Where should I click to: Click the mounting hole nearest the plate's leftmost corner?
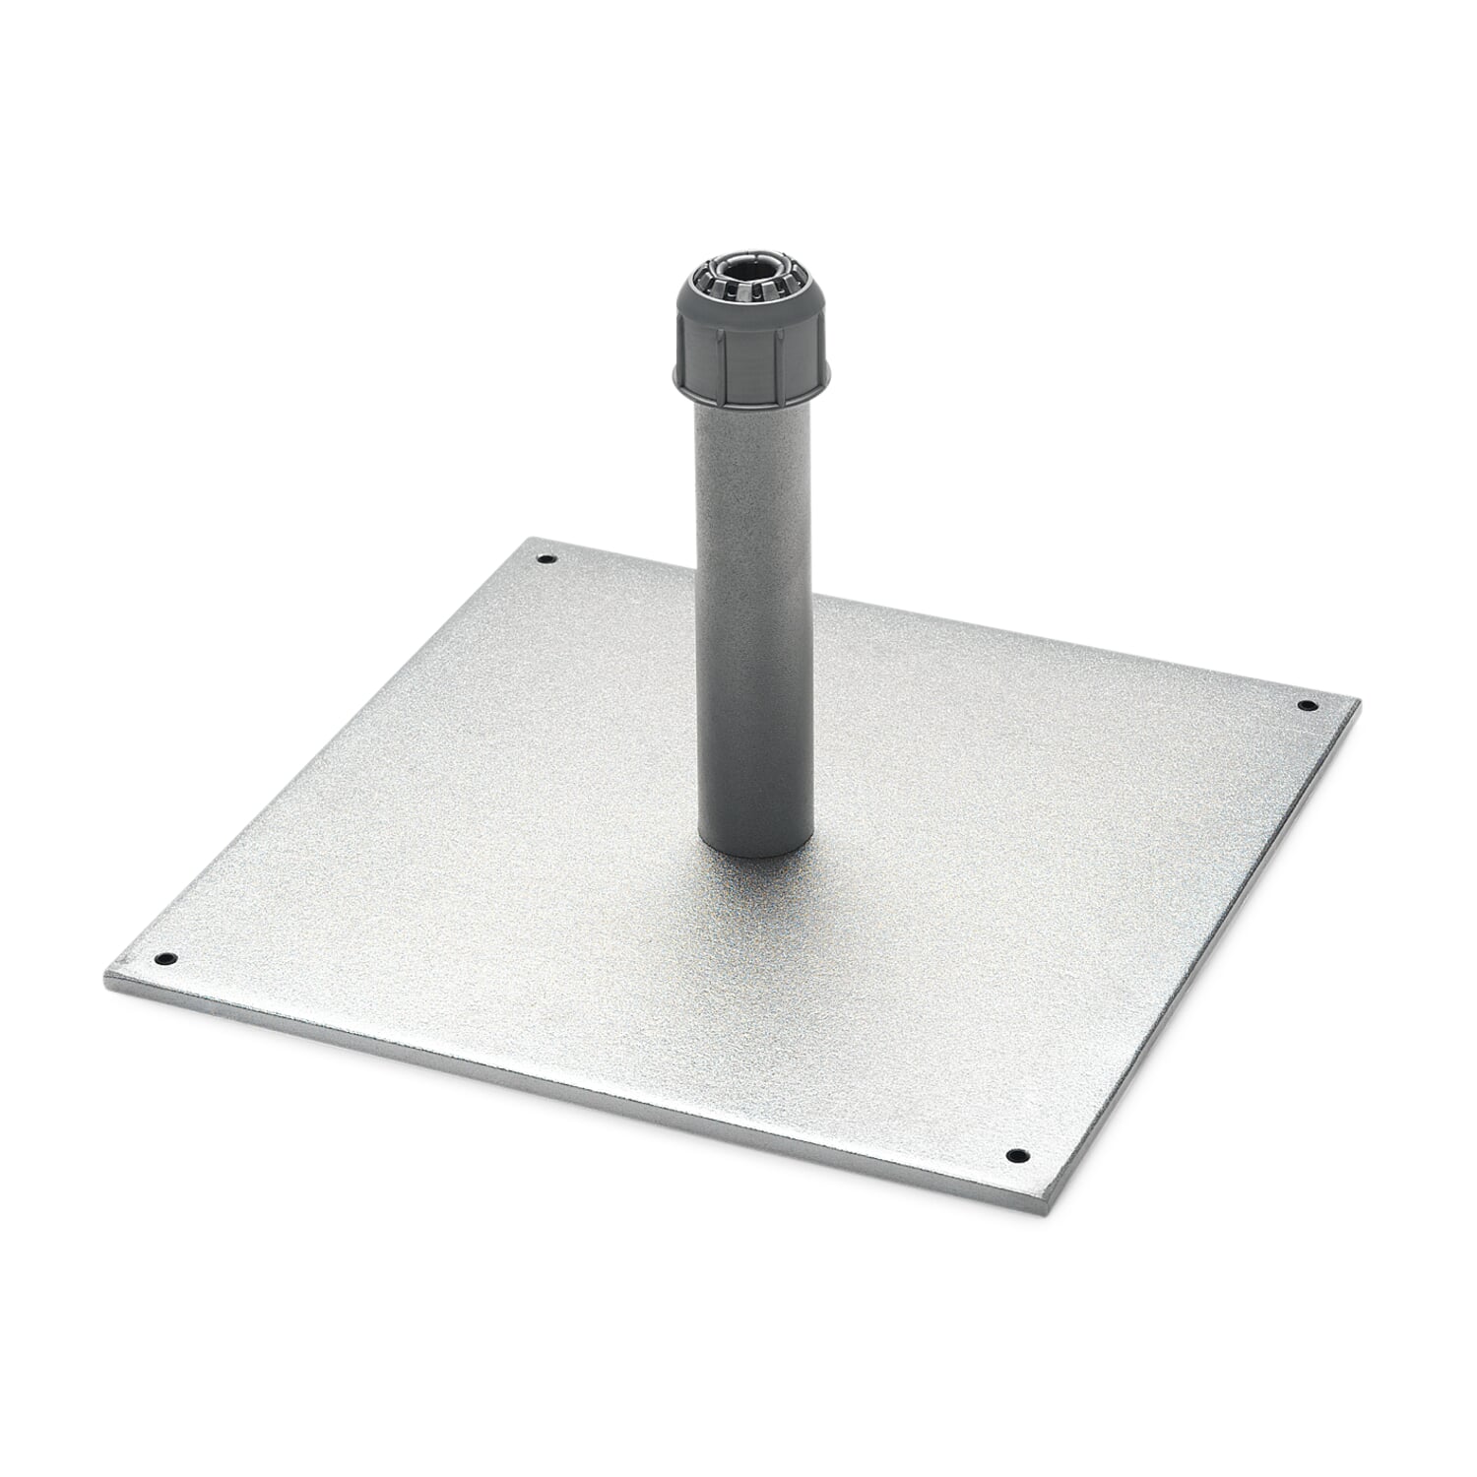[163, 957]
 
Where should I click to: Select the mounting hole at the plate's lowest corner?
[1015, 1155]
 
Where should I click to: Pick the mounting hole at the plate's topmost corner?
[546, 560]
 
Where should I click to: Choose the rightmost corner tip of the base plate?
[1359, 701]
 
